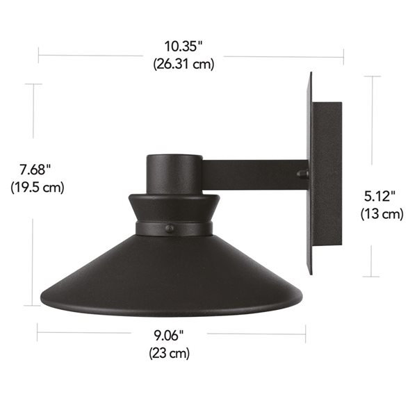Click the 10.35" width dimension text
tap(183, 47)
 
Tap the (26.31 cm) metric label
tap(183, 64)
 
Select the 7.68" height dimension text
tap(35, 170)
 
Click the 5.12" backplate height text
tap(382, 197)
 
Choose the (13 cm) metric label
tap(382, 214)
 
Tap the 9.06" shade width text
tap(170, 336)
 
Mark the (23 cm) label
tap(170, 353)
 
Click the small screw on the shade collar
tap(169, 228)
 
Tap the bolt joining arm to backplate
tap(301, 174)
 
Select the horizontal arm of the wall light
tap(254, 174)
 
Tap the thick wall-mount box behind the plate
tap(327, 174)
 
